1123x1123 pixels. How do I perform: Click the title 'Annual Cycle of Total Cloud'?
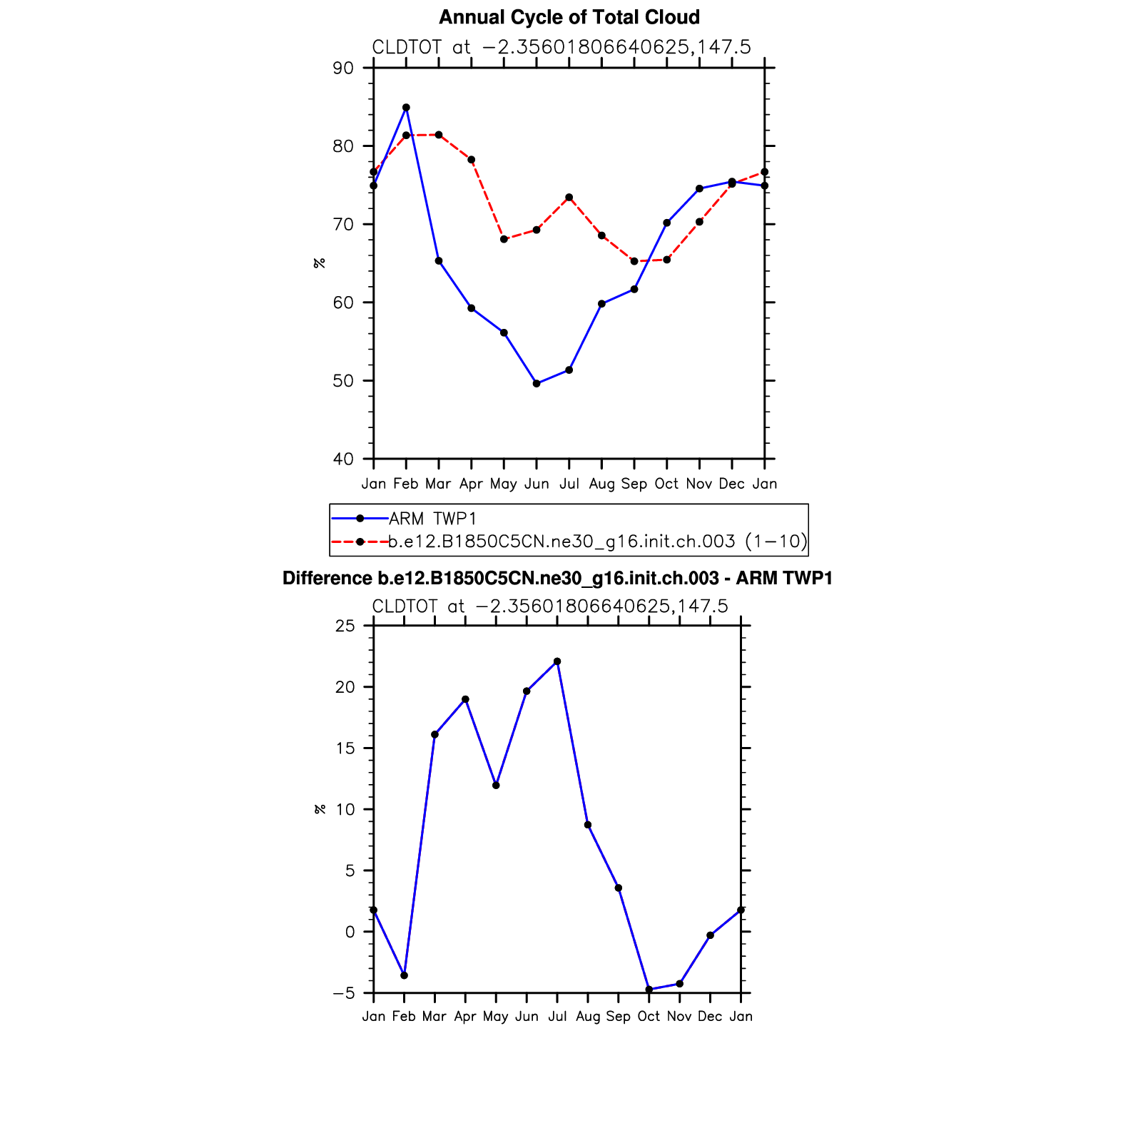pyautogui.click(x=569, y=17)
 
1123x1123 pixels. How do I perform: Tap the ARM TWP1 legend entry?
pyautogui.click(x=432, y=519)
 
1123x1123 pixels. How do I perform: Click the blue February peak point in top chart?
pyautogui.click(x=406, y=108)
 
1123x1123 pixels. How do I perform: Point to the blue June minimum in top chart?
pyautogui.click(x=537, y=384)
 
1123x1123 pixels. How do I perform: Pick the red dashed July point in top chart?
pyautogui.click(x=569, y=198)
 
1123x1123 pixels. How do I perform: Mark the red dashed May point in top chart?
pyautogui.click(x=504, y=239)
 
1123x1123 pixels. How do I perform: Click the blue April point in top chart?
pyautogui.click(x=471, y=308)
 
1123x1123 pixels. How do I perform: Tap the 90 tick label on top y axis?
pyautogui.click(x=343, y=68)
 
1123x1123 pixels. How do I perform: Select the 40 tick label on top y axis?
pyautogui.click(x=343, y=459)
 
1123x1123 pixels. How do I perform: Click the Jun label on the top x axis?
pyautogui.click(x=537, y=484)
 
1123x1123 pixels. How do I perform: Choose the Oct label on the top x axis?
pyautogui.click(x=666, y=484)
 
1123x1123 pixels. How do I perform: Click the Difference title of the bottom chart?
pyautogui.click(x=557, y=579)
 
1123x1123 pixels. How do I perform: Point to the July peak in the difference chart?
pyautogui.click(x=557, y=661)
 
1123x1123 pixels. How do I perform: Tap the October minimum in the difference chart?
pyautogui.click(x=649, y=990)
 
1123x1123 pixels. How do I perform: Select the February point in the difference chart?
pyautogui.click(x=404, y=975)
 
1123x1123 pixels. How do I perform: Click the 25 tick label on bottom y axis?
pyautogui.click(x=345, y=626)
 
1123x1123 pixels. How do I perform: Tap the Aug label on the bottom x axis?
pyautogui.click(x=587, y=1017)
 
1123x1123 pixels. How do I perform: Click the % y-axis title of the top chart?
pyautogui.click(x=319, y=263)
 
